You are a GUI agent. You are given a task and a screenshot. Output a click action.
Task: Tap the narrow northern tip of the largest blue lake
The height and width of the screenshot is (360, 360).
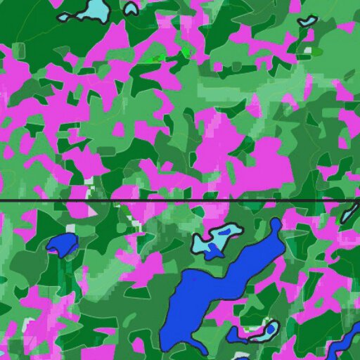[276, 224]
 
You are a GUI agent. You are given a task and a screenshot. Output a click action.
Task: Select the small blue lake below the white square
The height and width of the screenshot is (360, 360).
[63, 243]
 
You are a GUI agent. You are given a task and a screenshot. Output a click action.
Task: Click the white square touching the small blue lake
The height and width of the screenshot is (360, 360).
[70, 228]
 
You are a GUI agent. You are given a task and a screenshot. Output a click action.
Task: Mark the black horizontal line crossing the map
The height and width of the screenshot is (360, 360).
[176, 201]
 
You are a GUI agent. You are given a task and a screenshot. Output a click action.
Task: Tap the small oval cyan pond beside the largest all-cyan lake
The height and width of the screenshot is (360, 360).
[131, 8]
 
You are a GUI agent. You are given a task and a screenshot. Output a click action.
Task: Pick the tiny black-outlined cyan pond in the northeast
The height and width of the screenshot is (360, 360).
[307, 21]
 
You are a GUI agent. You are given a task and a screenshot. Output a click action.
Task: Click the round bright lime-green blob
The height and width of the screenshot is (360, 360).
[186, 52]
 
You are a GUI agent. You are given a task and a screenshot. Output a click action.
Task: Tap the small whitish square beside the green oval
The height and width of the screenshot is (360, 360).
[307, 51]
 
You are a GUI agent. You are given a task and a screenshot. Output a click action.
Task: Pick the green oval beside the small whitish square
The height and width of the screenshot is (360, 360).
[317, 51]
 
